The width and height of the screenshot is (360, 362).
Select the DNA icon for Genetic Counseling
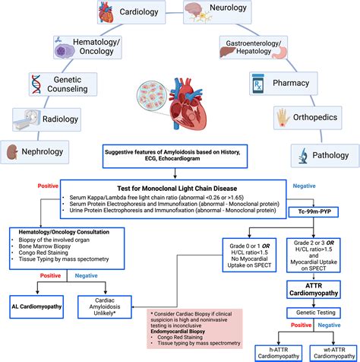(x=40, y=81)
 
